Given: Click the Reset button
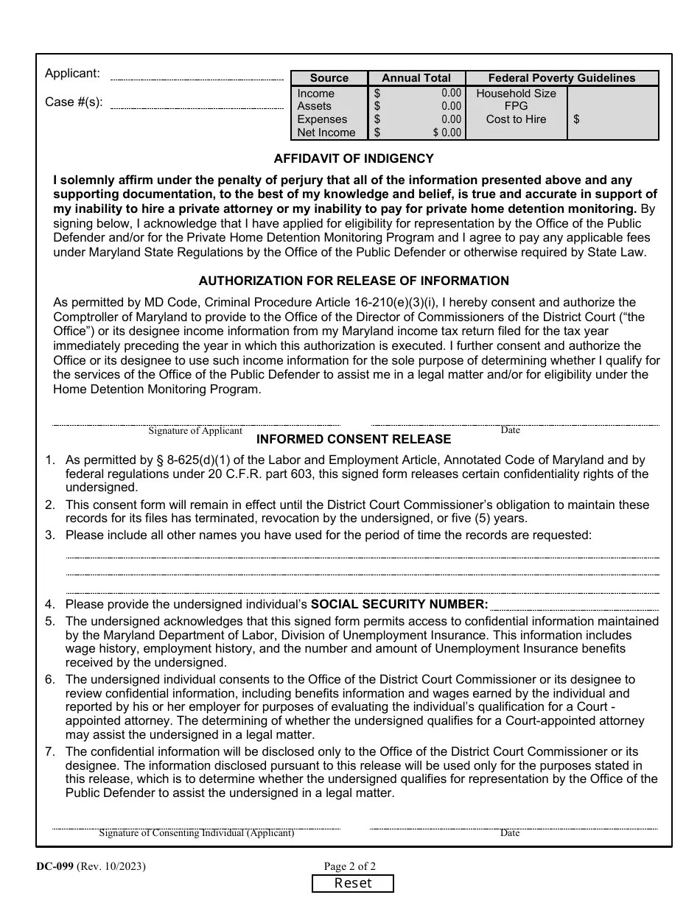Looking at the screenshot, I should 353,883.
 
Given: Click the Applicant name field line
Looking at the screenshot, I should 197,77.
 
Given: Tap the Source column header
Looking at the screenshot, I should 329,78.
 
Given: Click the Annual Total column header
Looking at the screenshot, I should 416,78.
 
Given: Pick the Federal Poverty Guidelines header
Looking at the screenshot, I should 561,78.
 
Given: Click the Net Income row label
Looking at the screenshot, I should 326,133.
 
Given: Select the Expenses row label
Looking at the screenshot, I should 322,119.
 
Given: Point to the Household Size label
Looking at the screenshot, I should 516,94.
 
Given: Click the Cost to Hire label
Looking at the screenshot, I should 516,119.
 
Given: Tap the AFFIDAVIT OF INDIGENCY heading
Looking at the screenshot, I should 354,158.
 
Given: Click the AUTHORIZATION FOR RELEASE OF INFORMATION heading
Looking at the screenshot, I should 354,281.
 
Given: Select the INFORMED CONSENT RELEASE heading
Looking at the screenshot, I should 354,439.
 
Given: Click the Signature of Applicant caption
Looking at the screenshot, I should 195,431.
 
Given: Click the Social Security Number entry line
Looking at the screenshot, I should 575,608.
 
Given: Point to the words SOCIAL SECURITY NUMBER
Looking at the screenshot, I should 399,605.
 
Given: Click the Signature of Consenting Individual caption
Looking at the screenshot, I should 197,833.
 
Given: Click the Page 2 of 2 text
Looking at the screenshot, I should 350,867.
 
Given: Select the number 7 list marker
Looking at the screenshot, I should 49,752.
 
